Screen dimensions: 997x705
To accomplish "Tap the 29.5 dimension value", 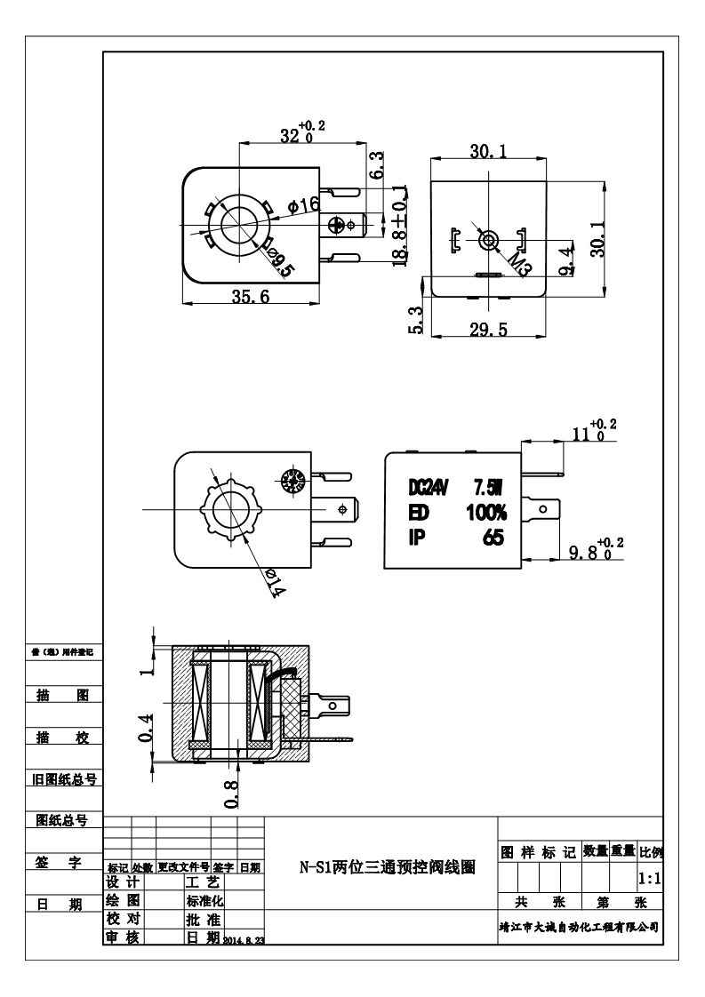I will point(488,330).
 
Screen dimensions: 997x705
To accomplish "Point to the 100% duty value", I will point(486,513).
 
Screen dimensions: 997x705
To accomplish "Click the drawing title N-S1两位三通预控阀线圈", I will point(386,867).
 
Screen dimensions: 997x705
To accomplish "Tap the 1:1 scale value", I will point(650,879).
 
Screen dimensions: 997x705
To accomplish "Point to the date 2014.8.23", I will point(244,940).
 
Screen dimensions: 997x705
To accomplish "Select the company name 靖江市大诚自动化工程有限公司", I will point(579,926).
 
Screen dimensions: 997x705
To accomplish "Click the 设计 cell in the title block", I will point(123,883).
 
